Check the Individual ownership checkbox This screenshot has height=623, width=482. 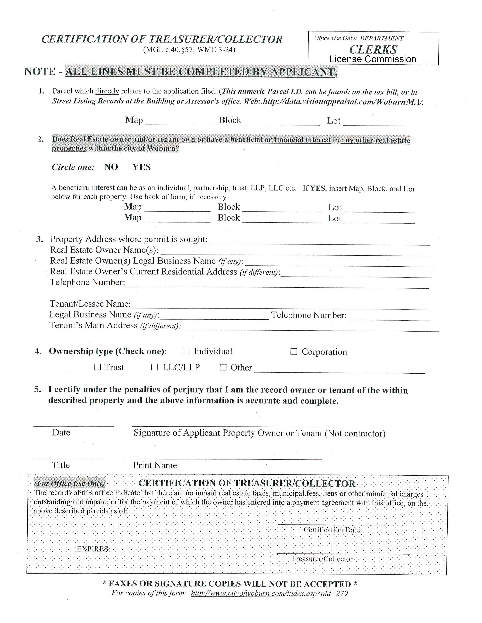186,351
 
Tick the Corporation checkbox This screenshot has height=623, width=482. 294,352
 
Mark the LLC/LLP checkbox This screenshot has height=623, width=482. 154,367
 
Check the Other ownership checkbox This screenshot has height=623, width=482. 223,367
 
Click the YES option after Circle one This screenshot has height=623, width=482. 142,167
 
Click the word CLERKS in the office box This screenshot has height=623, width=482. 373,50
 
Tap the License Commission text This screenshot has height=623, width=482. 373,59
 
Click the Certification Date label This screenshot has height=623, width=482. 332,530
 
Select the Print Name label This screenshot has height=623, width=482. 155,465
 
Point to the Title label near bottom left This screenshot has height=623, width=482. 61,465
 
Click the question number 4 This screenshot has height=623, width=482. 38,351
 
